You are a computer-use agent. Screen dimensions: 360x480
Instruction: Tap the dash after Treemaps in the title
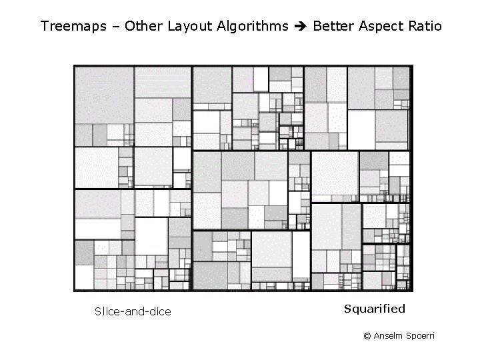(117, 27)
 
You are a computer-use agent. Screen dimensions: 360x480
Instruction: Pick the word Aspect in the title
(381, 27)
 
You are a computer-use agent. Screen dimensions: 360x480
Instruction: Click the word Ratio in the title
(425, 27)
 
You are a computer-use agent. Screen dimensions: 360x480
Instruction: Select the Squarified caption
(375, 309)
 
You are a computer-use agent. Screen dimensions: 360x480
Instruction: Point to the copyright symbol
(367, 336)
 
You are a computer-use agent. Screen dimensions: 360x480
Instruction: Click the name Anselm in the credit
(388, 336)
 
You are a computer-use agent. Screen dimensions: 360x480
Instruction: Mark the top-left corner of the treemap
(74, 65)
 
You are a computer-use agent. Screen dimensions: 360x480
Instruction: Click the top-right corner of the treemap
(412, 65)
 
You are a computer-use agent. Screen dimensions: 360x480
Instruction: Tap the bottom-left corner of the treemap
(74, 291)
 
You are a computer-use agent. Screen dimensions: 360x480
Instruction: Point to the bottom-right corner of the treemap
(412, 291)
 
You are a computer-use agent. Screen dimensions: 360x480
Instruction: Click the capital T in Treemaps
(44, 27)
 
